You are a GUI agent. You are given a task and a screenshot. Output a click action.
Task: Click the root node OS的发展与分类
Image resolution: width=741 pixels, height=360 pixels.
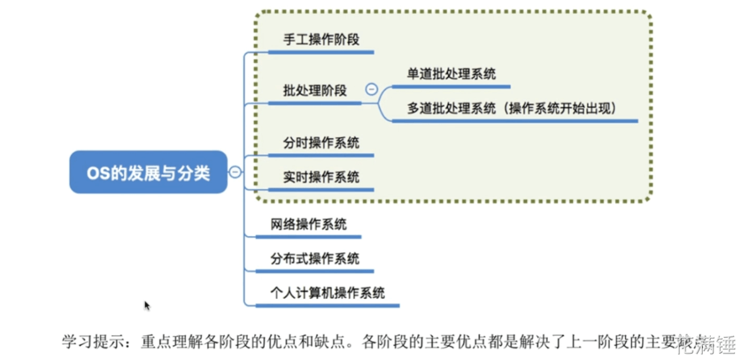coord(148,172)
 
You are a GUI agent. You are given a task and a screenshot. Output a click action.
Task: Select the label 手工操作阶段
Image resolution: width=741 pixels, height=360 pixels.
coord(321,39)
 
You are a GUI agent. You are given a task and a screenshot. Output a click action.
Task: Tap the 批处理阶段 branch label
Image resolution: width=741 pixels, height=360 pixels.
coord(315,91)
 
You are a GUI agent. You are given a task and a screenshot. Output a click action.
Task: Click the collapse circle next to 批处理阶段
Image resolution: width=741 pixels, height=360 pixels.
coord(371,89)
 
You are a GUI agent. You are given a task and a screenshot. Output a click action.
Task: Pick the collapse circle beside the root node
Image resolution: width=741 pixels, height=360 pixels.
coord(235,171)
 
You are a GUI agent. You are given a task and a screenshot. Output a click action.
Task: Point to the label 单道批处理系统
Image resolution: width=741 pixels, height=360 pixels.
coord(451,74)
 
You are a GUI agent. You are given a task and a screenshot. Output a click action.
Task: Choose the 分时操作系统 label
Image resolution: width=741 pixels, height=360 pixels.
coord(321,143)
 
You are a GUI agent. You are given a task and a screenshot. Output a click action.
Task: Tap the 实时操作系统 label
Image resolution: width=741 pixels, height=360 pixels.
coord(321,177)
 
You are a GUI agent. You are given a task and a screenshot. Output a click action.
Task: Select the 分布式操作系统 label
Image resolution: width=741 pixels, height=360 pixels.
coord(315,259)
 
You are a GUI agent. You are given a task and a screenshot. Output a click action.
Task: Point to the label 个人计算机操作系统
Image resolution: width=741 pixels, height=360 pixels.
coord(327,293)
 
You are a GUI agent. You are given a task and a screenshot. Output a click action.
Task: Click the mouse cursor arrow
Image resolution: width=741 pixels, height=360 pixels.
coord(147,305)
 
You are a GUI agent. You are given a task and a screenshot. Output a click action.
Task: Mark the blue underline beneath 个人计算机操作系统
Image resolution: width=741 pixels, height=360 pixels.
coord(327,305)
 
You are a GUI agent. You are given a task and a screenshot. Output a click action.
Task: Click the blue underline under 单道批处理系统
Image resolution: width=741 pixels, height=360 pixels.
coord(451,86)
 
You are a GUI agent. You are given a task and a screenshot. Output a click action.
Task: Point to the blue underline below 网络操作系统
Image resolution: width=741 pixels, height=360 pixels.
coord(308,237)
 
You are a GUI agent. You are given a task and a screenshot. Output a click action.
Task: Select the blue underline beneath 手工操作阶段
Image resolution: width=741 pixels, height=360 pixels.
coord(321,52)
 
